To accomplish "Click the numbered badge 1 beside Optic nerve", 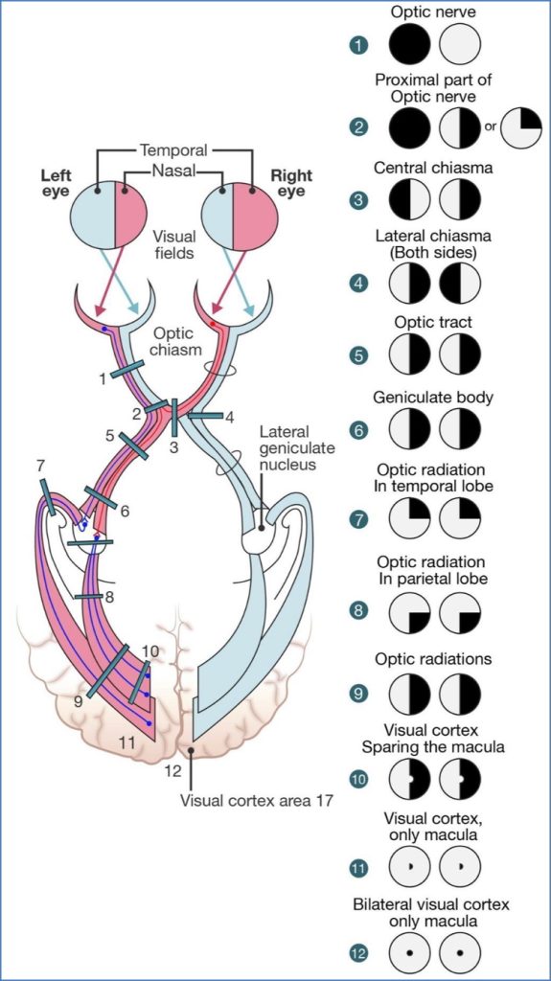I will (357, 45).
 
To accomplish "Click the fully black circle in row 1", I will (410, 45).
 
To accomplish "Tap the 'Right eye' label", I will (291, 183).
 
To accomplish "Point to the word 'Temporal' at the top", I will (173, 150).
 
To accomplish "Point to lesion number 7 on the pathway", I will (40, 467).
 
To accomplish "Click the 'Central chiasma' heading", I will (433, 168).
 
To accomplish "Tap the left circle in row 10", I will (410, 779).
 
